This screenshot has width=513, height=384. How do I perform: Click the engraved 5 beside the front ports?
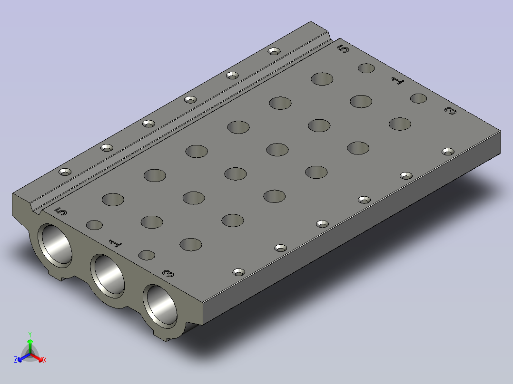pyautogui.click(x=61, y=212)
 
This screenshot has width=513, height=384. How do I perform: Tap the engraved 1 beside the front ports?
pyautogui.click(x=116, y=243)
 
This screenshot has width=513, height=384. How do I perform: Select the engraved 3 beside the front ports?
pyautogui.click(x=168, y=274)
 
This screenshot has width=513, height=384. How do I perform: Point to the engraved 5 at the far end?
pyautogui.click(x=343, y=49)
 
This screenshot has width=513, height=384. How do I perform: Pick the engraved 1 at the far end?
pyautogui.click(x=398, y=80)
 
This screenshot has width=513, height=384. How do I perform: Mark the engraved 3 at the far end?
pyautogui.click(x=451, y=111)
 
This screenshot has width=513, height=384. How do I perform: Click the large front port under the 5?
pyautogui.click(x=55, y=245)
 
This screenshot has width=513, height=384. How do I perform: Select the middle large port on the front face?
pyautogui.click(x=108, y=276)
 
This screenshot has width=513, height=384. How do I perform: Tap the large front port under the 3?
pyautogui.click(x=160, y=306)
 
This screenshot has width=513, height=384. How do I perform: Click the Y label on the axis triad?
pyautogui.click(x=30, y=334)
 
